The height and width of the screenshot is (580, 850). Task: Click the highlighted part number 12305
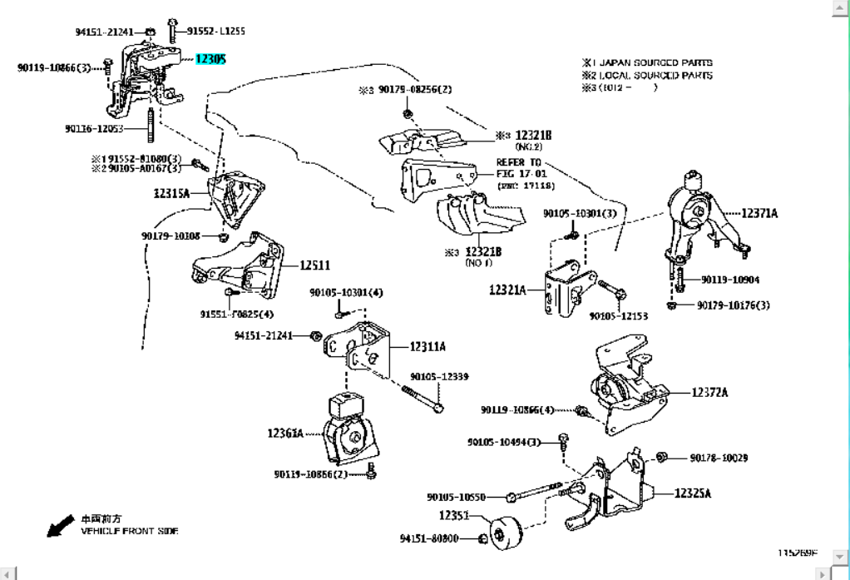point(210,59)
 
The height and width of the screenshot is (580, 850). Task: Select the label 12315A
point(171,193)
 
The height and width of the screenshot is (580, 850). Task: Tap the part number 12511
point(315,265)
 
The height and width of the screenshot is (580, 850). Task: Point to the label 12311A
point(427,346)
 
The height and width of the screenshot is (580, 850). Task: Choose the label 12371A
point(759,214)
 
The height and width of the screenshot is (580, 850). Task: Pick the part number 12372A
point(709,392)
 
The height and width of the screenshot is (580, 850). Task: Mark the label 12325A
point(693,493)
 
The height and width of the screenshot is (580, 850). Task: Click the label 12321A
point(507,290)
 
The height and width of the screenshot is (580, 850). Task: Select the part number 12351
point(455,516)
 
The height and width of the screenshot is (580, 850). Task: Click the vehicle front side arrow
point(59,525)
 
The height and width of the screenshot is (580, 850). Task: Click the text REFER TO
point(519,162)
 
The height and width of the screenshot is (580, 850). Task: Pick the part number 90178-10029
point(719,458)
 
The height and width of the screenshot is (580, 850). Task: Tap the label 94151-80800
point(428,539)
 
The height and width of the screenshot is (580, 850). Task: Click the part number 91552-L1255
point(216,31)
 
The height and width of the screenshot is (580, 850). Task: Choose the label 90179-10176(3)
point(734,305)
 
